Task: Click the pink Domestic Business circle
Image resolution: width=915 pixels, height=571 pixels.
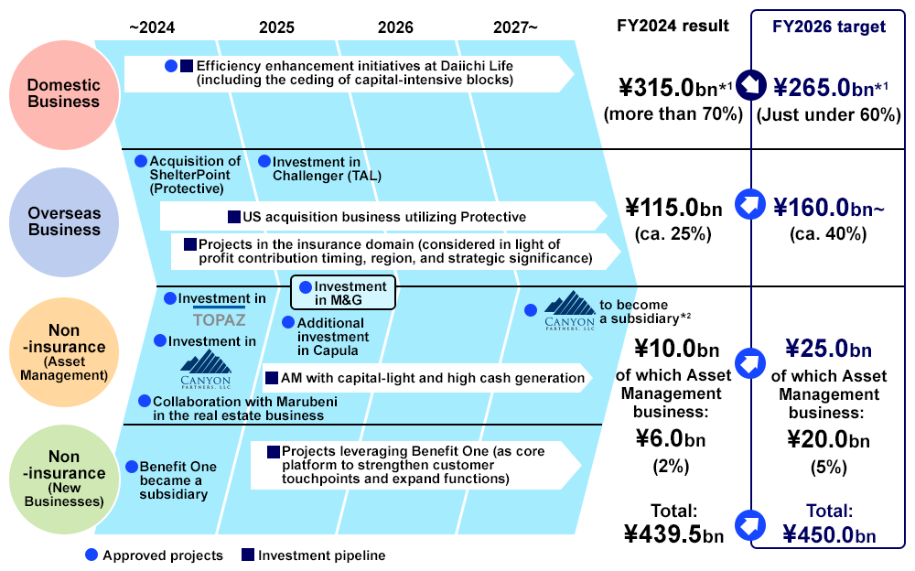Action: pos(64,94)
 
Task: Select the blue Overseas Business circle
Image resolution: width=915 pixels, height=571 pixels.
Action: pos(64,221)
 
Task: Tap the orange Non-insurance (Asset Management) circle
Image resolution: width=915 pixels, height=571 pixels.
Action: pos(64,352)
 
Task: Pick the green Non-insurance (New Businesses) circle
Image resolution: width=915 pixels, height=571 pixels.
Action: pos(64,479)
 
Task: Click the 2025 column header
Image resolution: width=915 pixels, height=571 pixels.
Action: pos(276,27)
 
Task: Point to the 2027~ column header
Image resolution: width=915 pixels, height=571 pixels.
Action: pos(515,27)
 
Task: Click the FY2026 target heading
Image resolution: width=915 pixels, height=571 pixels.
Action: pos(829,27)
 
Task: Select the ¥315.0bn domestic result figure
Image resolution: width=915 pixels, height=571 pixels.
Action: pos(675,88)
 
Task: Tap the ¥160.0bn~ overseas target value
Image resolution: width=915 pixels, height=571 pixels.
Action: pos(829,208)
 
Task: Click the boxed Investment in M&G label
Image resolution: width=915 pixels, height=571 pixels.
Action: pos(343,293)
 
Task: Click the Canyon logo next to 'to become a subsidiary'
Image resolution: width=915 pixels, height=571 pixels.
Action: pos(569,310)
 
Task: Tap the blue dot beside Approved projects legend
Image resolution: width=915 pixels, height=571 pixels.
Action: pos(91,555)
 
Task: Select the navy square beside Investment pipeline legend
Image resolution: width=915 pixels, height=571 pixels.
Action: pos(248,555)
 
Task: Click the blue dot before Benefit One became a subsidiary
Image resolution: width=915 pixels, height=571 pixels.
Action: pos(132,467)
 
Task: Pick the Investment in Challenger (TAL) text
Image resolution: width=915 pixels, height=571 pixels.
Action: pos(327,168)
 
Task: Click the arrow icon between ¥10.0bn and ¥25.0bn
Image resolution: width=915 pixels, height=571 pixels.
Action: pos(750,363)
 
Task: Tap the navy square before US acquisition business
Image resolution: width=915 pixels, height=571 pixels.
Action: pos(234,217)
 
